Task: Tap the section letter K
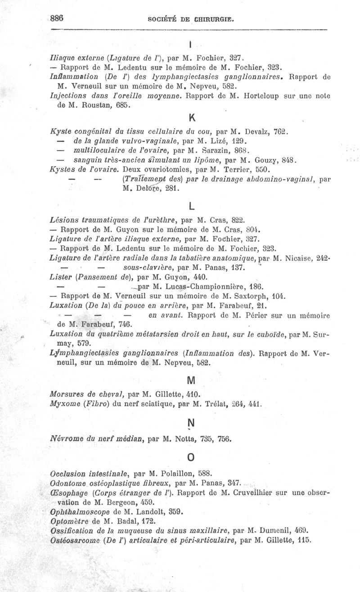[x=191, y=118]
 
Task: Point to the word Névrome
[x=65, y=437]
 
